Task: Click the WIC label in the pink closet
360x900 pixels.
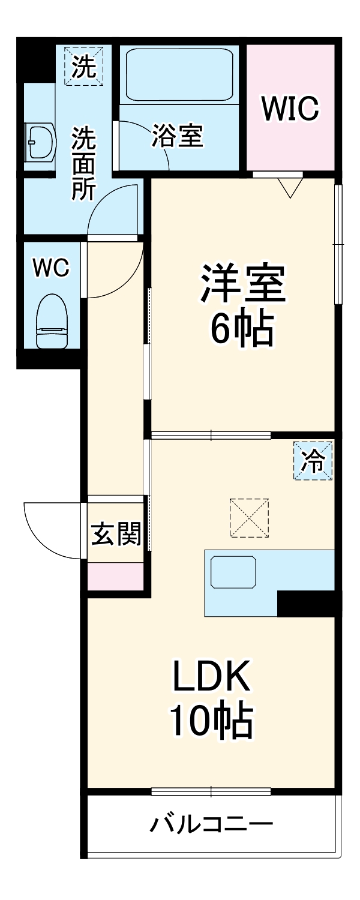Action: [x=290, y=109]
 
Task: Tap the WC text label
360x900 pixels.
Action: [x=51, y=268]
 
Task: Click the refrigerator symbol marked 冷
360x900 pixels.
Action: [x=313, y=461]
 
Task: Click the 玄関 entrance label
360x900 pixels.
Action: [x=116, y=533]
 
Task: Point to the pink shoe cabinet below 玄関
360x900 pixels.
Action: [x=116, y=577]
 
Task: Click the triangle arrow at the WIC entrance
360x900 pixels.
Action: [x=290, y=188]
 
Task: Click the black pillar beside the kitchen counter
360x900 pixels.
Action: [x=305, y=603]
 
